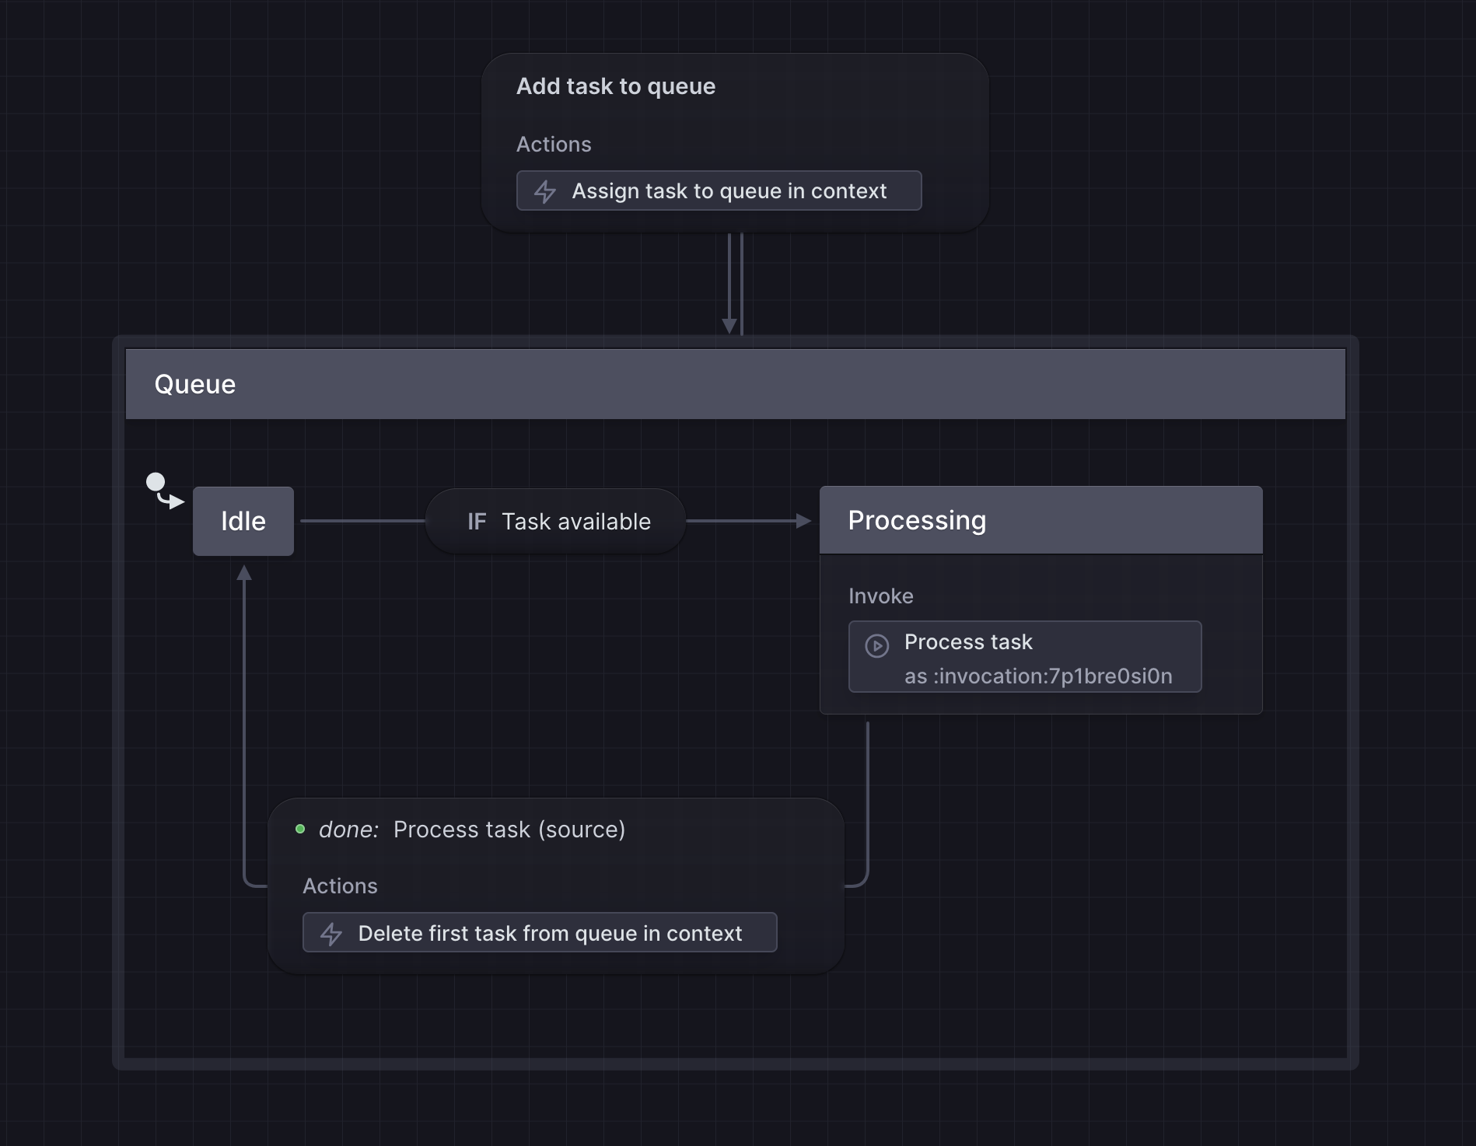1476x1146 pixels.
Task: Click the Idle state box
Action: [x=243, y=521]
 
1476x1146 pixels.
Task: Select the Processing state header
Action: [x=1040, y=520]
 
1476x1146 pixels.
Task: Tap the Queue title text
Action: [x=194, y=384]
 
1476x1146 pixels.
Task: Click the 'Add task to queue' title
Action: [x=615, y=86]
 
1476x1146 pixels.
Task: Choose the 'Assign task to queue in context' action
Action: [x=729, y=191]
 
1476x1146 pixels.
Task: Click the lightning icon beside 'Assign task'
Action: [x=545, y=191]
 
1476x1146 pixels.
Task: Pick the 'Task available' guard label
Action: [x=575, y=522]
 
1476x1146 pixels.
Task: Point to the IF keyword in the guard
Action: [x=476, y=522]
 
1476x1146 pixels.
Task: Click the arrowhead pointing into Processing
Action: [x=804, y=521]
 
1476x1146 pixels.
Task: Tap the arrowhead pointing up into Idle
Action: [x=244, y=574]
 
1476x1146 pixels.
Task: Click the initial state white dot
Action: [x=156, y=482]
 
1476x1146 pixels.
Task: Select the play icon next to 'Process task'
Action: [x=876, y=645]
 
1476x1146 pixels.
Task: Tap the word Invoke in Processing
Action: [x=880, y=596]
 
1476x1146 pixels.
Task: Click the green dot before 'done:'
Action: [x=300, y=829]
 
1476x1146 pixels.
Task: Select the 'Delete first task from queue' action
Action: [x=549, y=933]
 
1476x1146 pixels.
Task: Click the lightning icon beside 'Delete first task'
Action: [x=331, y=934]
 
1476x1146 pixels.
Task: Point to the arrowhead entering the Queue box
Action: [x=729, y=326]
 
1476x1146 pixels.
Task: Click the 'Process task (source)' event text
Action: [x=509, y=830]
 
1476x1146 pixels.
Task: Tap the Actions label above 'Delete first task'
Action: [x=340, y=886]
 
